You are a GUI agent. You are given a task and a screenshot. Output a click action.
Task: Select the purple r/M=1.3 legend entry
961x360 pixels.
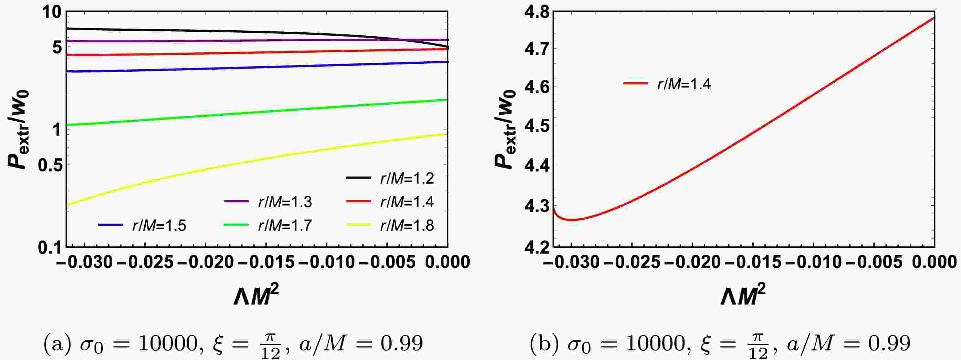pos(268,202)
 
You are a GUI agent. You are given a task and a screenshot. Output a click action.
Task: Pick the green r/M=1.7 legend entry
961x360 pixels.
pos(268,225)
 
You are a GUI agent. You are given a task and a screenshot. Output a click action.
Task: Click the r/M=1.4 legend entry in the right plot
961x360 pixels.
pos(667,84)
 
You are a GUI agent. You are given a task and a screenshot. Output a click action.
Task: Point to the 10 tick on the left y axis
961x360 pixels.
pos(51,13)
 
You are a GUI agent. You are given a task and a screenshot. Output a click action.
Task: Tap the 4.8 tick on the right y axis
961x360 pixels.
pos(537,13)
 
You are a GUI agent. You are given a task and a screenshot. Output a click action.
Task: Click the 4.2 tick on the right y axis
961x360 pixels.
pos(537,247)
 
